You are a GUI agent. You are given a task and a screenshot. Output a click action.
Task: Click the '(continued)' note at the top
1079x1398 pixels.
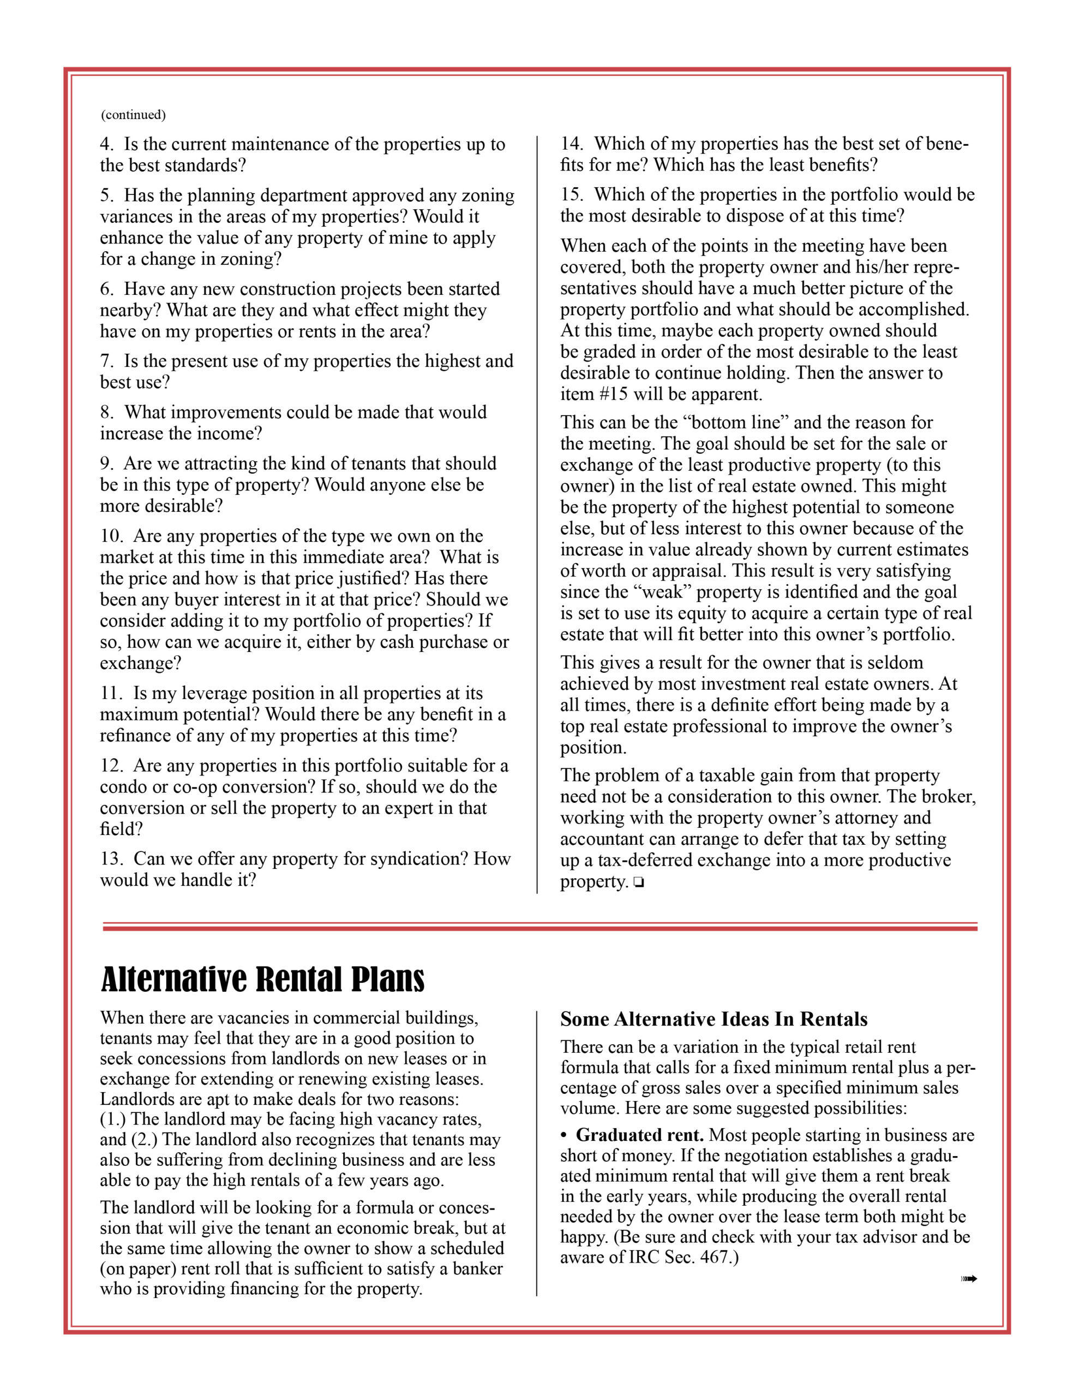pyautogui.click(x=133, y=115)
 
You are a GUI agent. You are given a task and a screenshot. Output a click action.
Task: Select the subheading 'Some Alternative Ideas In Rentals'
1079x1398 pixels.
pyautogui.click(x=714, y=1019)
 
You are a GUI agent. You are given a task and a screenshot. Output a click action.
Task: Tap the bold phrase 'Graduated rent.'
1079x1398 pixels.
pyautogui.click(x=639, y=1135)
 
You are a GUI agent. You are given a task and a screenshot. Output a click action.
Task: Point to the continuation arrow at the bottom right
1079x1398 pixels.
pyautogui.click(x=968, y=1279)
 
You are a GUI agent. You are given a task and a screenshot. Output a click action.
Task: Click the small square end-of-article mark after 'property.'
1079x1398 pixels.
pyautogui.click(x=638, y=882)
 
